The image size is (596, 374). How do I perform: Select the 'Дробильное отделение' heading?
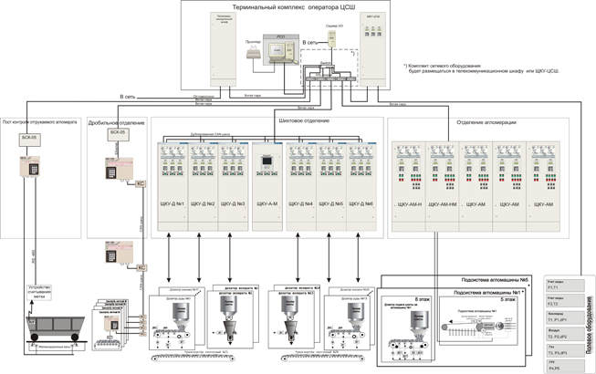coord(116,121)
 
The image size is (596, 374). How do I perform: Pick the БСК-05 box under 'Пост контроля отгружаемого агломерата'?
coord(30,137)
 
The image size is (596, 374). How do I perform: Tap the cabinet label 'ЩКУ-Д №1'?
coord(173,203)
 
